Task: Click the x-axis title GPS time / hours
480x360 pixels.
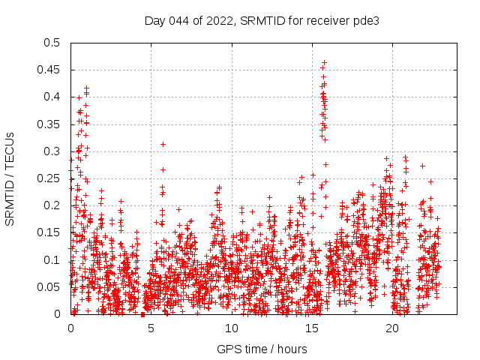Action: (262, 349)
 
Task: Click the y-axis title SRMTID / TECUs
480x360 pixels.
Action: (10, 178)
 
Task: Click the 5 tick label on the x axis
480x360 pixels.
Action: (151, 328)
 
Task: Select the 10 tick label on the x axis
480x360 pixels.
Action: (231, 328)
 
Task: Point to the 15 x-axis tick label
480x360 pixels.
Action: (311, 328)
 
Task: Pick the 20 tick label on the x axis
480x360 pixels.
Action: (391, 328)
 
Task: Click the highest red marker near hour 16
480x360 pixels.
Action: (324, 63)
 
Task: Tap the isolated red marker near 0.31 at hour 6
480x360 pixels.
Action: (163, 144)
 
